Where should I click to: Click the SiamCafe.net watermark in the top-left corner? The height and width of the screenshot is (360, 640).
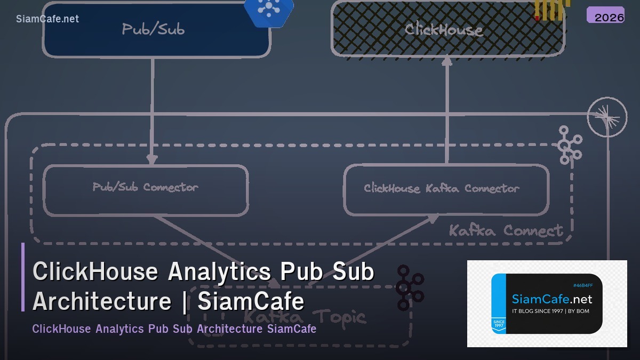(47, 19)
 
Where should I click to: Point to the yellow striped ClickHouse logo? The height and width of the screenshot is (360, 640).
(551, 9)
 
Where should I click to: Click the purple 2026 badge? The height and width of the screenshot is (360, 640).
(605, 15)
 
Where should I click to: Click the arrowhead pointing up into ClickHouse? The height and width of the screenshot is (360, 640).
(447, 61)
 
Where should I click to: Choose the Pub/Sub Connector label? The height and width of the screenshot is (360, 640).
(145, 187)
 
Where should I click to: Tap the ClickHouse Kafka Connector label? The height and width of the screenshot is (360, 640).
(441, 188)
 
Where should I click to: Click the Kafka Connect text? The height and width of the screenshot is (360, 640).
(505, 230)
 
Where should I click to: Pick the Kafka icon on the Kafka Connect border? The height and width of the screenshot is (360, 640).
(569, 145)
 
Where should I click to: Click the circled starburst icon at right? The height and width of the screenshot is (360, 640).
(607, 117)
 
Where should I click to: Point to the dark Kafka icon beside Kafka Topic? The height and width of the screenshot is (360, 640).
(410, 288)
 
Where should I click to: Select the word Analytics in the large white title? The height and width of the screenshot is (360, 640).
(219, 271)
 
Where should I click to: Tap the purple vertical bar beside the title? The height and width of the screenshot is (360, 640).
(23, 277)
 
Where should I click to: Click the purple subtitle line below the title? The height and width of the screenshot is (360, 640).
(174, 329)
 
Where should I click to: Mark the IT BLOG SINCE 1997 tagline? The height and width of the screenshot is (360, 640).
(550, 311)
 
